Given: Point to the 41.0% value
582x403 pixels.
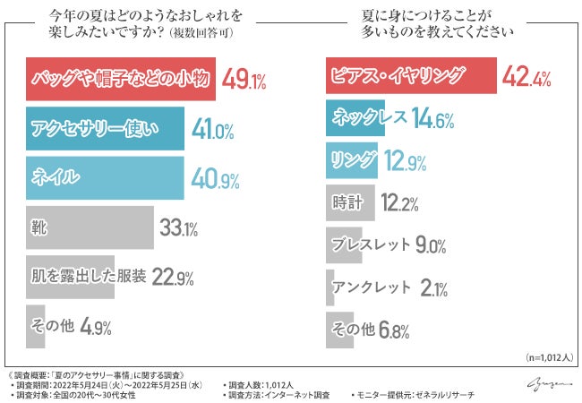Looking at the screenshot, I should [214, 131].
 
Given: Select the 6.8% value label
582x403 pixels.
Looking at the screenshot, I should [393, 330].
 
